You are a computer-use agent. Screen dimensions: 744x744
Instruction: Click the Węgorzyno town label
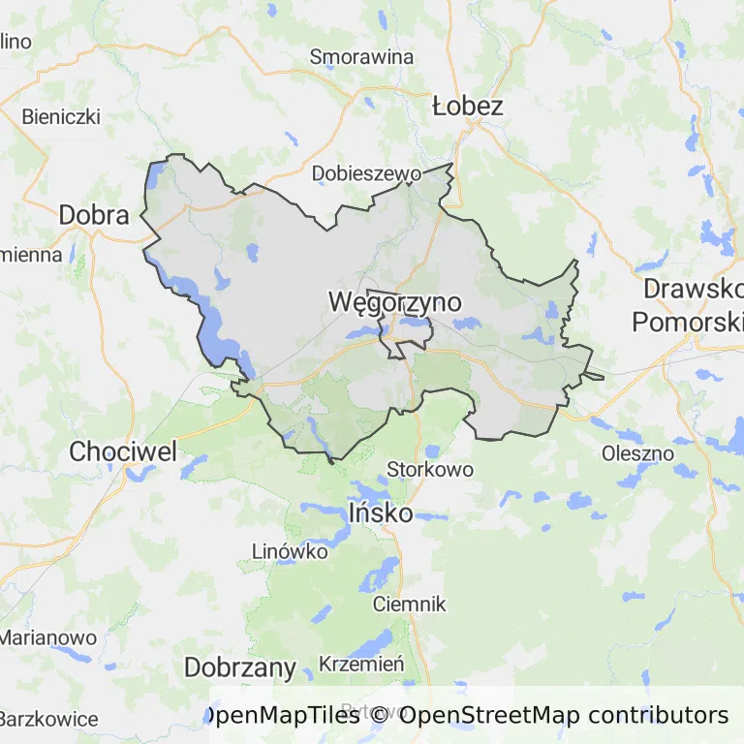[x=394, y=302]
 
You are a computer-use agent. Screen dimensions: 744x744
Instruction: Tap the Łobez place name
[x=468, y=106]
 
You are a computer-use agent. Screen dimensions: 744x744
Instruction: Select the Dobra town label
[x=94, y=215]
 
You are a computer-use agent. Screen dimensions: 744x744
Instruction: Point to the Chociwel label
[x=123, y=451]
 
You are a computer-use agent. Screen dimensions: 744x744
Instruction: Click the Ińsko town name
[x=381, y=512]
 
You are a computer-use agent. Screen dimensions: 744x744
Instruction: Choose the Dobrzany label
[x=239, y=667]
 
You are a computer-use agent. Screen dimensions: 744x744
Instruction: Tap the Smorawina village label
[x=361, y=56]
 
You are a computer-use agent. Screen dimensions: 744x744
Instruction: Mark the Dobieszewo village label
[x=367, y=173]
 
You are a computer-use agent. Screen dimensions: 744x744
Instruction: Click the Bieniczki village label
[x=61, y=116]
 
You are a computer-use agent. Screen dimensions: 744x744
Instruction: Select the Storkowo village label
[x=430, y=469]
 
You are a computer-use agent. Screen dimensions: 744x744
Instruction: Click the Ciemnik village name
[x=410, y=604]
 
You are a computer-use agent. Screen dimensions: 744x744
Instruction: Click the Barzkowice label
[x=48, y=719]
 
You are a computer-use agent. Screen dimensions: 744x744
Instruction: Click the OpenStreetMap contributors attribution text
[x=564, y=716]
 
